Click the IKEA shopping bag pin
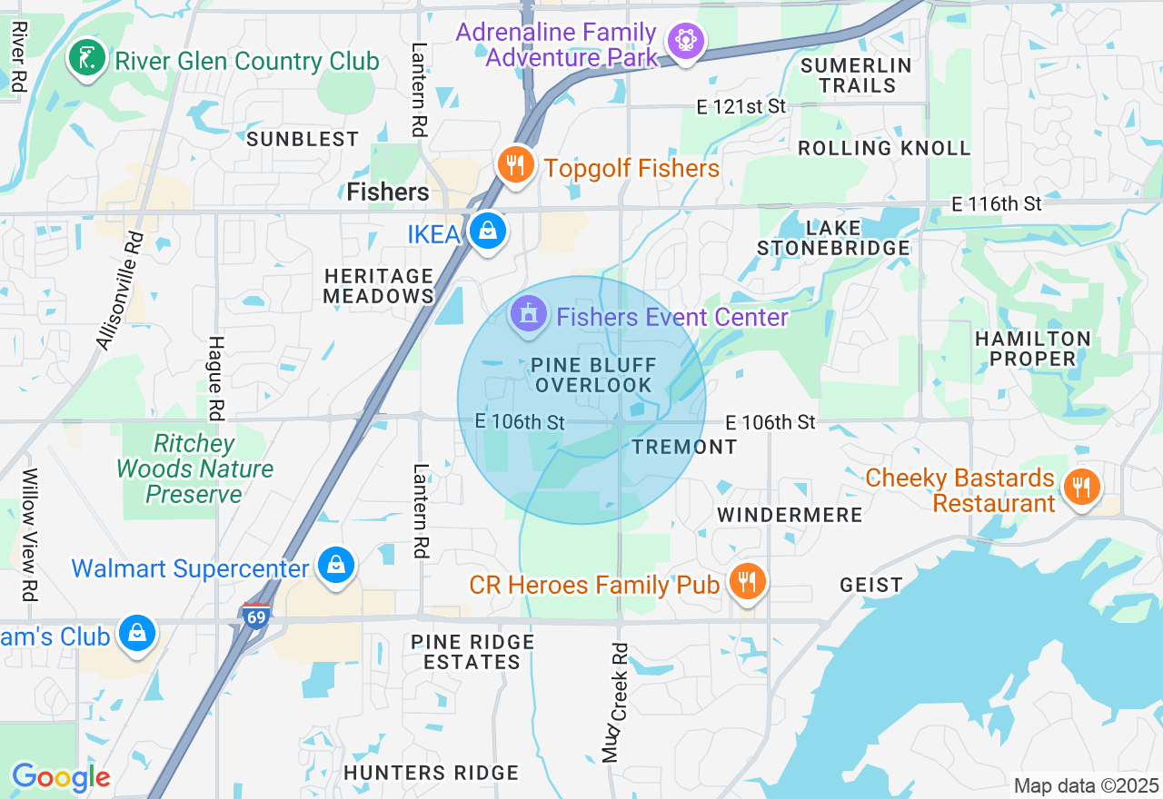(488, 232)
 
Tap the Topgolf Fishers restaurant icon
(515, 164)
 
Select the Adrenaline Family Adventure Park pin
(685, 41)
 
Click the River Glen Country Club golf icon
(86, 58)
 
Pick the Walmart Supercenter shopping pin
(336, 566)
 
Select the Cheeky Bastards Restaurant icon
(1081, 487)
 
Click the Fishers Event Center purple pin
(529, 314)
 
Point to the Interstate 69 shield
(256, 616)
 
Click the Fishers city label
(388, 192)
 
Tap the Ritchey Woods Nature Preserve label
(194, 469)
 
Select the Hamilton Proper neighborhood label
(1032, 349)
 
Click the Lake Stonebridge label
(833, 237)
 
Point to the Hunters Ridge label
(431, 773)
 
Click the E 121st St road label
(741, 107)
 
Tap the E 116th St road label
(997, 204)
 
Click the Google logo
(61, 777)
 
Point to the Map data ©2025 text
(1086, 785)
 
